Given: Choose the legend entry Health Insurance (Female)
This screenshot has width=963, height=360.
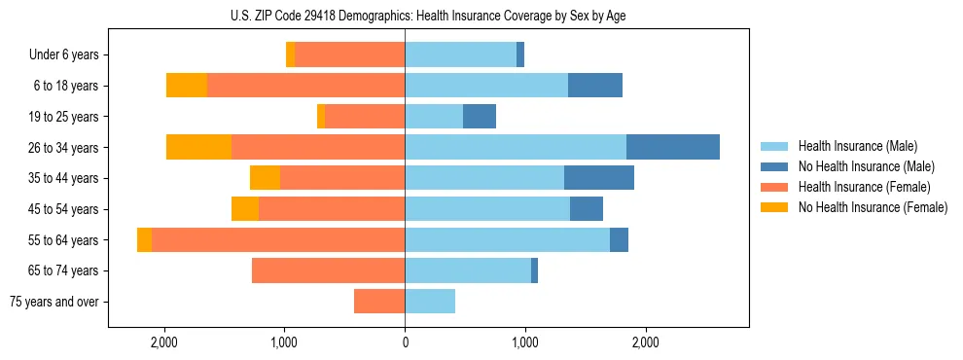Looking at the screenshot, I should coord(857,187).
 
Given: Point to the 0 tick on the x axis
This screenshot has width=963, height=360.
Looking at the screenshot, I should coord(405,342).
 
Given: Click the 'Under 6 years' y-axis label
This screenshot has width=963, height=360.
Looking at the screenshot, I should coord(63,55).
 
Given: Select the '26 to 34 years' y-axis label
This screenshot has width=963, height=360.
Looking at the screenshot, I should coord(64,148).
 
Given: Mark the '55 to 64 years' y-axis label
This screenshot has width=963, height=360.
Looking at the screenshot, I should coord(64,240).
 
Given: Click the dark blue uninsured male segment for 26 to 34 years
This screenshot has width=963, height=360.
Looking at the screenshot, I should coord(673,147).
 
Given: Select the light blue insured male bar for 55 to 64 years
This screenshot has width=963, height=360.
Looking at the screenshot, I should coord(507,240).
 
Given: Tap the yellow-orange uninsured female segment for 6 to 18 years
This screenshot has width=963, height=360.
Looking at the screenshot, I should coord(187,86).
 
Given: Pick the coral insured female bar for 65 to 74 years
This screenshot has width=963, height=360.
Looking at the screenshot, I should coord(328,270).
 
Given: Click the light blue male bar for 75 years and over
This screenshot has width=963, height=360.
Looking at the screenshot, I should coord(430,302).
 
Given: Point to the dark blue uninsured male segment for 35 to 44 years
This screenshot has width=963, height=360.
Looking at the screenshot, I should coord(599,178).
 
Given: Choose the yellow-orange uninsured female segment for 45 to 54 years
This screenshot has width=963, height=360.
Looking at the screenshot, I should coord(245,209).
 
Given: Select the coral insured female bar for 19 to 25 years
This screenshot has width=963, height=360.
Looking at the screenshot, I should coord(365,117).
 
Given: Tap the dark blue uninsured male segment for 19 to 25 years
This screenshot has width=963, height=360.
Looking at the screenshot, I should coord(480,117).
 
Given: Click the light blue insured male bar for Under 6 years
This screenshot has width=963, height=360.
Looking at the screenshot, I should coord(460,55).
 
